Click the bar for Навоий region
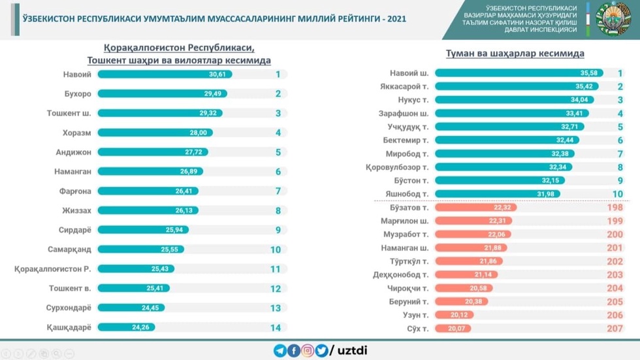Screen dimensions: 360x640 click(163, 74)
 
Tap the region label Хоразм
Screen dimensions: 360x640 click(78, 133)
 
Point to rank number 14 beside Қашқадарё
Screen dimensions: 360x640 click(276, 327)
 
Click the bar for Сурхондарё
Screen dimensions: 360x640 click(131, 308)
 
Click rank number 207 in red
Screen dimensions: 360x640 click(614, 328)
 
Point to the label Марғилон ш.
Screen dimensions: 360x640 click(404, 221)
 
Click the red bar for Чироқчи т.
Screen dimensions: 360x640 click(463, 288)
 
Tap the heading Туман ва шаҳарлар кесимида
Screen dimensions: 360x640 click(515, 54)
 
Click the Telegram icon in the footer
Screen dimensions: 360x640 click(280, 351)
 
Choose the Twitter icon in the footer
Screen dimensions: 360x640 click(321, 351)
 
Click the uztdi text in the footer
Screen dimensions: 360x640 click(352, 351)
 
